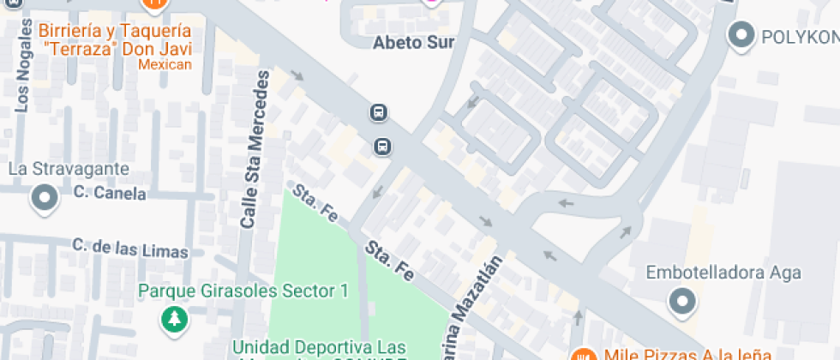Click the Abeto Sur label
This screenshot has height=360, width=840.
[x=411, y=42]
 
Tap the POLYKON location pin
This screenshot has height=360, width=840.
[x=740, y=35]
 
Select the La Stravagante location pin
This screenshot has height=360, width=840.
[x=44, y=199]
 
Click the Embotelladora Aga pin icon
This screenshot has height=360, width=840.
[x=682, y=301]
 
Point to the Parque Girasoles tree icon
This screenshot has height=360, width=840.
[x=175, y=319]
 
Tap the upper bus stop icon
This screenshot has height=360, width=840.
[x=378, y=112]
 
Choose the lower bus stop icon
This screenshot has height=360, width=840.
[x=382, y=147]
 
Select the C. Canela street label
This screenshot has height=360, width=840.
[x=110, y=193]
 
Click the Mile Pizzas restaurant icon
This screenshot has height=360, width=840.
[x=585, y=354]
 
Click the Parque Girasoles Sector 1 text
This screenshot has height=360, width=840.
[x=243, y=291]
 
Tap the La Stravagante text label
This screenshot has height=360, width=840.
[x=69, y=168]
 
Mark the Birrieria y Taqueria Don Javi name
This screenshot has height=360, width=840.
[x=115, y=39]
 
